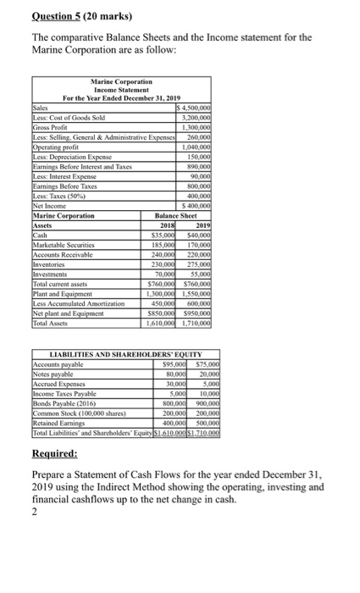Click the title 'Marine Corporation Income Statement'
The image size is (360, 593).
click(119, 89)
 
